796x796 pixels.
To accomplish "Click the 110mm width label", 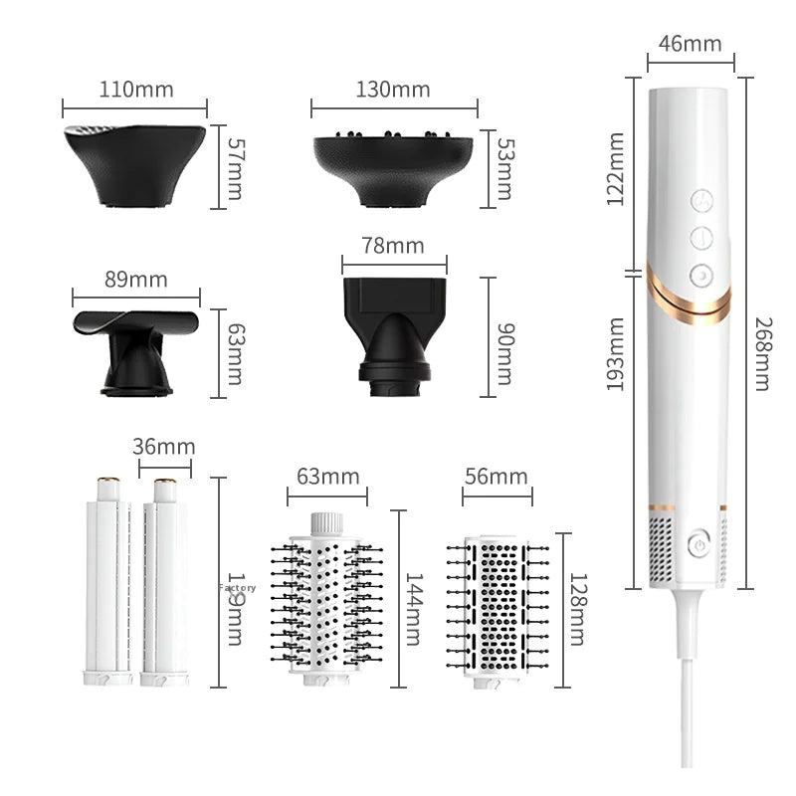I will (x=135, y=89).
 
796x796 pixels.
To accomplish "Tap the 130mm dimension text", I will (x=392, y=89).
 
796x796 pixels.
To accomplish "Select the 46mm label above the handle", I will (x=690, y=44).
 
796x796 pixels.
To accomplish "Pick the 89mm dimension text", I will (x=135, y=279).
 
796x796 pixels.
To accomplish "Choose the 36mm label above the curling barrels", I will (x=163, y=447).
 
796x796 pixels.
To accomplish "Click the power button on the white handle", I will (x=698, y=544).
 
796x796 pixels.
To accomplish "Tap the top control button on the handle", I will (x=700, y=201).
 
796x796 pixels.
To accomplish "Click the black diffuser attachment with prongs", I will (x=392, y=166).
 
